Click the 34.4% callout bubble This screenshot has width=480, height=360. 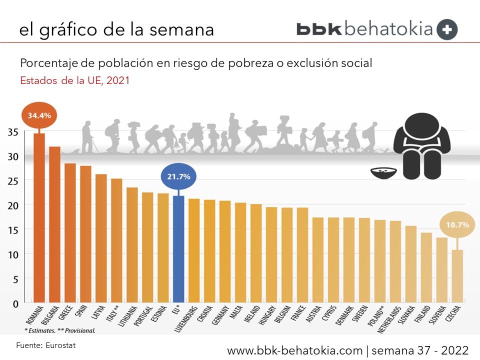(39, 115)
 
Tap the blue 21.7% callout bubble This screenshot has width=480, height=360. (178, 177)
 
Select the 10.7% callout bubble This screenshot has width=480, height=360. (457, 225)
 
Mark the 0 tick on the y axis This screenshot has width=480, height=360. (15, 303)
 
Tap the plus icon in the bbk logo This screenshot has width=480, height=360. (447, 29)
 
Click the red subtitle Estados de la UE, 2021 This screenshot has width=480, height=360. (74, 80)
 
